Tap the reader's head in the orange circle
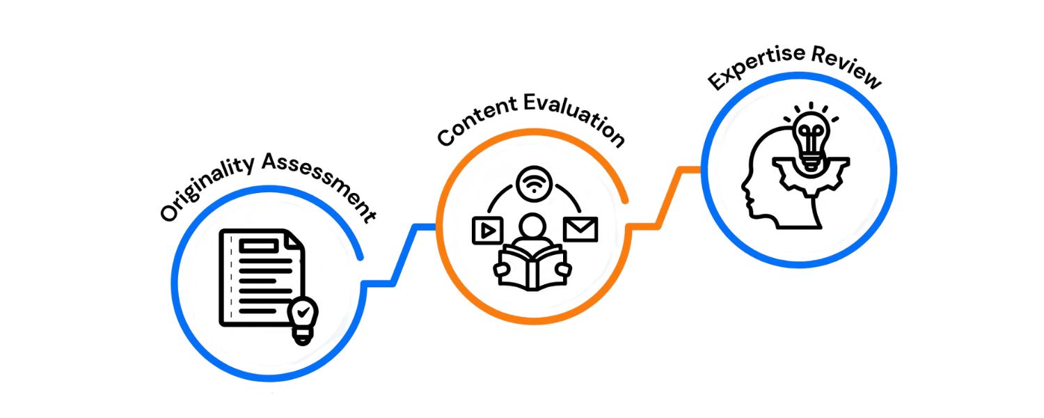point(533,228)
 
